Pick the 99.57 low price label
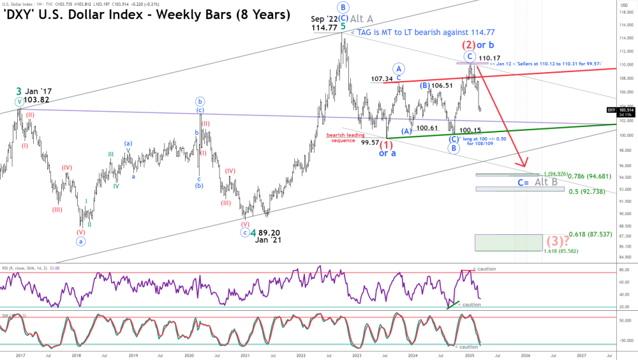pyautogui.click(x=371, y=142)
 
